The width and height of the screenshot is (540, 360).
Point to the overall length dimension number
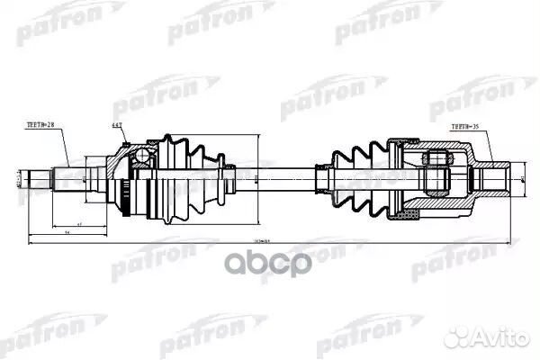tap(262, 240)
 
